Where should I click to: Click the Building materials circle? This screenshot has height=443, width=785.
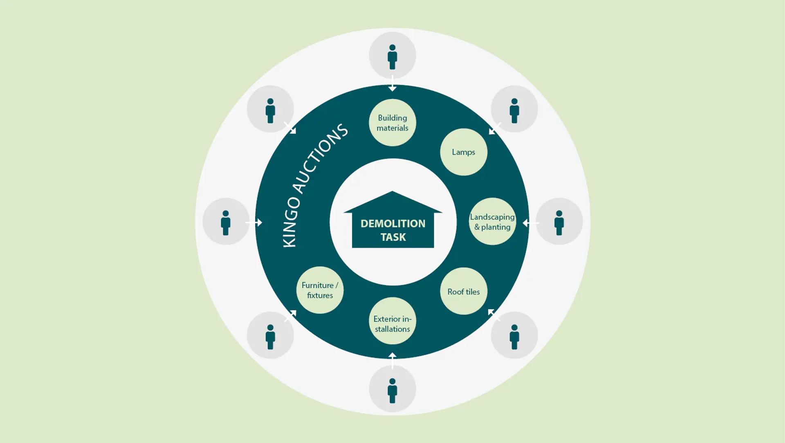pyautogui.click(x=392, y=123)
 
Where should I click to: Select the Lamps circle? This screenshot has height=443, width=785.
pyautogui.click(x=464, y=152)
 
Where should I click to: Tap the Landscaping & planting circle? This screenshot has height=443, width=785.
pyautogui.click(x=492, y=222)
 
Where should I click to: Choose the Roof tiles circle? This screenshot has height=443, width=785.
pyautogui.click(x=464, y=291)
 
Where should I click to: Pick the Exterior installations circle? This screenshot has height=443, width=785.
pyautogui.click(x=392, y=321)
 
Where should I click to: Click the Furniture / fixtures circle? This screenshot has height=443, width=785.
pyautogui.click(x=320, y=290)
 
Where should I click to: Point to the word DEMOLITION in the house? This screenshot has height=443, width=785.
pyautogui.click(x=393, y=223)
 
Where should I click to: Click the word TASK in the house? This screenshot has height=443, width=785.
pyautogui.click(x=393, y=237)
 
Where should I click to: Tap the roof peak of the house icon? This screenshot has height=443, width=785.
pyautogui.click(x=392, y=191)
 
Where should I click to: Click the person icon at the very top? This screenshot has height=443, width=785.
pyautogui.click(x=392, y=56)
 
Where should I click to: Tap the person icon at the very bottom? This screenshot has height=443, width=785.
pyautogui.click(x=392, y=391)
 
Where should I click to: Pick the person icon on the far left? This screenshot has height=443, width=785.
pyautogui.click(x=226, y=223)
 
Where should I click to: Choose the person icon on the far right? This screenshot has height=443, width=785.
pyautogui.click(x=559, y=223)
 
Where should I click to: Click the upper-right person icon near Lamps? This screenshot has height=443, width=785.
pyautogui.click(x=514, y=110)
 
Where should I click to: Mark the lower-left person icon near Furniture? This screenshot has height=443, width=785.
pyautogui.click(x=270, y=337)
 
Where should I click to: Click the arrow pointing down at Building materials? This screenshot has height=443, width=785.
pyautogui.click(x=392, y=83)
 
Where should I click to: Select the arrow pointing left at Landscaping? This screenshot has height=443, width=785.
pyautogui.click(x=531, y=223)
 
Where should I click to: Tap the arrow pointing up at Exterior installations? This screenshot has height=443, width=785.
pyautogui.click(x=392, y=360)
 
